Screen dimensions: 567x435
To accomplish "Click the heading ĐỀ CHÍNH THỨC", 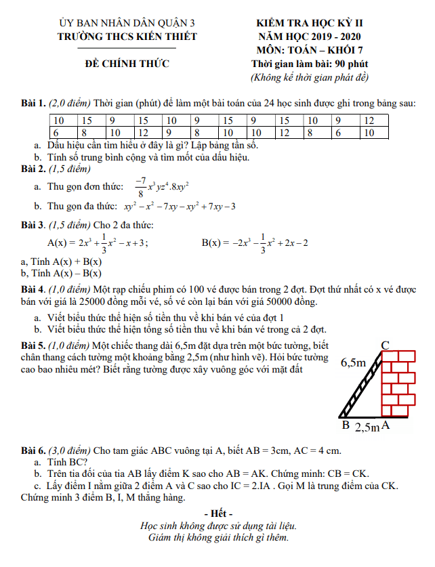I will tap(127, 64).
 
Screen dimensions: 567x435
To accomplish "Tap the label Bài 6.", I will tap(33, 450).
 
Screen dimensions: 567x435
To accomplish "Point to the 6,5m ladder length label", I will tap(353, 362).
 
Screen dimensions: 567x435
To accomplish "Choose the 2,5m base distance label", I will tap(367, 427).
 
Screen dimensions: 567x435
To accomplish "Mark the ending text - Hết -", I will tap(217, 512).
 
